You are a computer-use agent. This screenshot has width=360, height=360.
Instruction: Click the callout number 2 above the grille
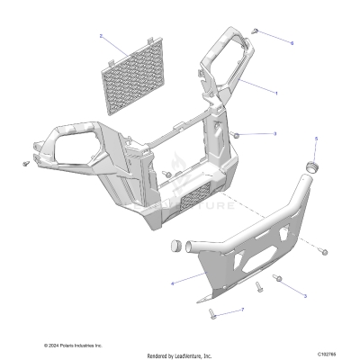coord(102,37)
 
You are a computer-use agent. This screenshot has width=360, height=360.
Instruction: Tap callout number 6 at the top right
coord(292,42)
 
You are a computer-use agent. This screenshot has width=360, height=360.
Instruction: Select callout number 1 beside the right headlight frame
coord(276,93)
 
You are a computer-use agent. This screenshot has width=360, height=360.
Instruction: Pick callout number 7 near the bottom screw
coord(241,310)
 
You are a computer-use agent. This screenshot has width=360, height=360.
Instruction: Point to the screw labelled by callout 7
coord(212,312)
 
